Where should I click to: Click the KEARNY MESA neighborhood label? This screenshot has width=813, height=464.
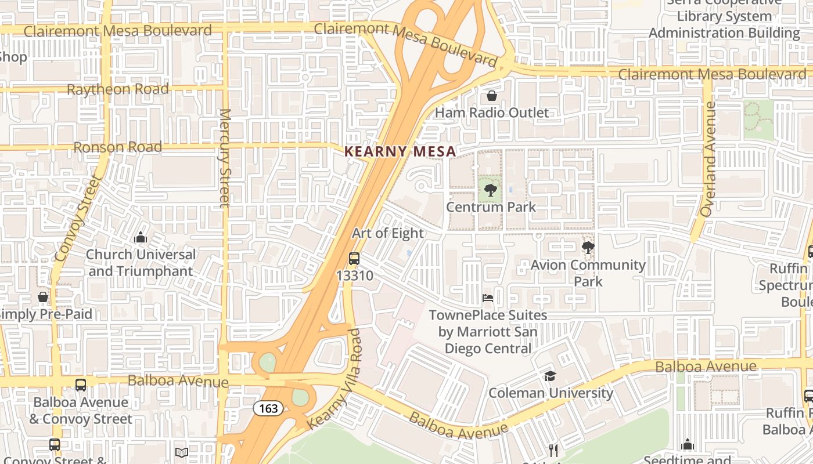click(x=400, y=151)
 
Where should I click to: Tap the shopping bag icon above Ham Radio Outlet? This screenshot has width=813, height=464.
click(x=492, y=96)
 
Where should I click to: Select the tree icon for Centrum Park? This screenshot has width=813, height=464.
click(x=491, y=190)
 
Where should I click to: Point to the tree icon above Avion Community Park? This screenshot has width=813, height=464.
click(x=588, y=248)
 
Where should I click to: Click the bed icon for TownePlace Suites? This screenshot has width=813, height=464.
click(x=488, y=298)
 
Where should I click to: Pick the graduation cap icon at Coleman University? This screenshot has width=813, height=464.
click(x=549, y=376)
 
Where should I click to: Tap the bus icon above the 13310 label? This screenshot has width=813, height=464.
click(x=354, y=259)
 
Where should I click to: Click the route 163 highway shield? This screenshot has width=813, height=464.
click(x=268, y=408)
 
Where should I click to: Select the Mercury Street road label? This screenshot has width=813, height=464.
click(x=225, y=157)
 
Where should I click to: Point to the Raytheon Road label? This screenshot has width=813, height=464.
click(x=118, y=89)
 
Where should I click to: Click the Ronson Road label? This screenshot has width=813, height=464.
click(x=118, y=147)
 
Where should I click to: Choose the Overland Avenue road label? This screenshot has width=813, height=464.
click(x=708, y=159)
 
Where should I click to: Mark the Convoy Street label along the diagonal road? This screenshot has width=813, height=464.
click(x=78, y=217)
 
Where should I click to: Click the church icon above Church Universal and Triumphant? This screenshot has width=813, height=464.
click(x=140, y=238)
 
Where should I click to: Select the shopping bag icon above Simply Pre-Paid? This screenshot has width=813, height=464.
click(x=43, y=297)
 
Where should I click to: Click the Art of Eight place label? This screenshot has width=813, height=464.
click(x=388, y=233)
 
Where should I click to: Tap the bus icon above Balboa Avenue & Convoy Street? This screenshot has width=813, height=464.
click(x=81, y=385)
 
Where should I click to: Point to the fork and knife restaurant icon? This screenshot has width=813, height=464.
click(x=553, y=450)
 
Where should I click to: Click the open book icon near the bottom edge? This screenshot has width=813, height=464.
click(x=182, y=452)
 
